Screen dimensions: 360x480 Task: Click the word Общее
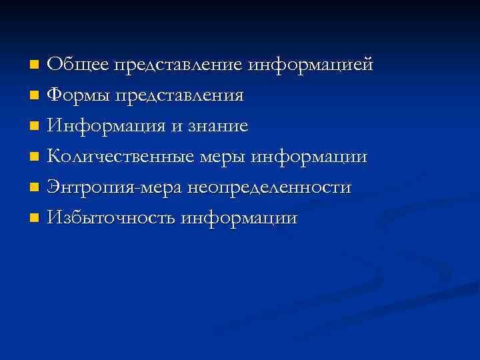click(78, 65)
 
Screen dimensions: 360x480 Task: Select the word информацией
click(311, 65)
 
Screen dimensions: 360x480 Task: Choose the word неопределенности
click(269, 187)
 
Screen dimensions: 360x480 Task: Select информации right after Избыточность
click(239, 218)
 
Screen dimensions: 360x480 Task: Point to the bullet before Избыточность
click(35, 219)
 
